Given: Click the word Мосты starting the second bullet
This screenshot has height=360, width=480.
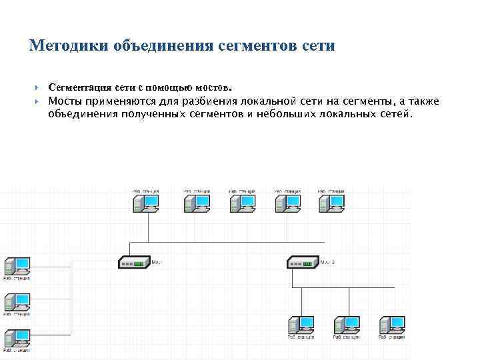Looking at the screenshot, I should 65,101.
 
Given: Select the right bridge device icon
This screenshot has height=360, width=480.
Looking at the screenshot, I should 303,263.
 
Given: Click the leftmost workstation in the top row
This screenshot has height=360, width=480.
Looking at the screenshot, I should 146,203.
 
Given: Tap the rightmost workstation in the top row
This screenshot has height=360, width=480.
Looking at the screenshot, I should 332,203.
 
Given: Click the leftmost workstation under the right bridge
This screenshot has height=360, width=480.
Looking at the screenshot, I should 301,325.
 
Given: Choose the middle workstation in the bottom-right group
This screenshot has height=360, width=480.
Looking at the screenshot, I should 346,325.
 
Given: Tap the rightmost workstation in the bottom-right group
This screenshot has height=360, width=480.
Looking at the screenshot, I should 392,325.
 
